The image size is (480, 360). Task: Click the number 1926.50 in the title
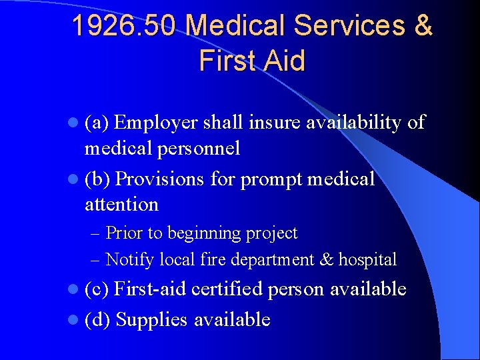[x=124, y=26]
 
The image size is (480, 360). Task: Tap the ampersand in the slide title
[x=423, y=26]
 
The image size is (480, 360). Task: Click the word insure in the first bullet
[x=273, y=123]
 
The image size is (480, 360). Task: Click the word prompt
[x=267, y=179]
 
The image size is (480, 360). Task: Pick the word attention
[x=121, y=204]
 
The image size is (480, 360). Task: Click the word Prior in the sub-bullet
[x=124, y=233]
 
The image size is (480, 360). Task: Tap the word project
[x=271, y=234]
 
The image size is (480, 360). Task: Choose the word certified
[x=229, y=289]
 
